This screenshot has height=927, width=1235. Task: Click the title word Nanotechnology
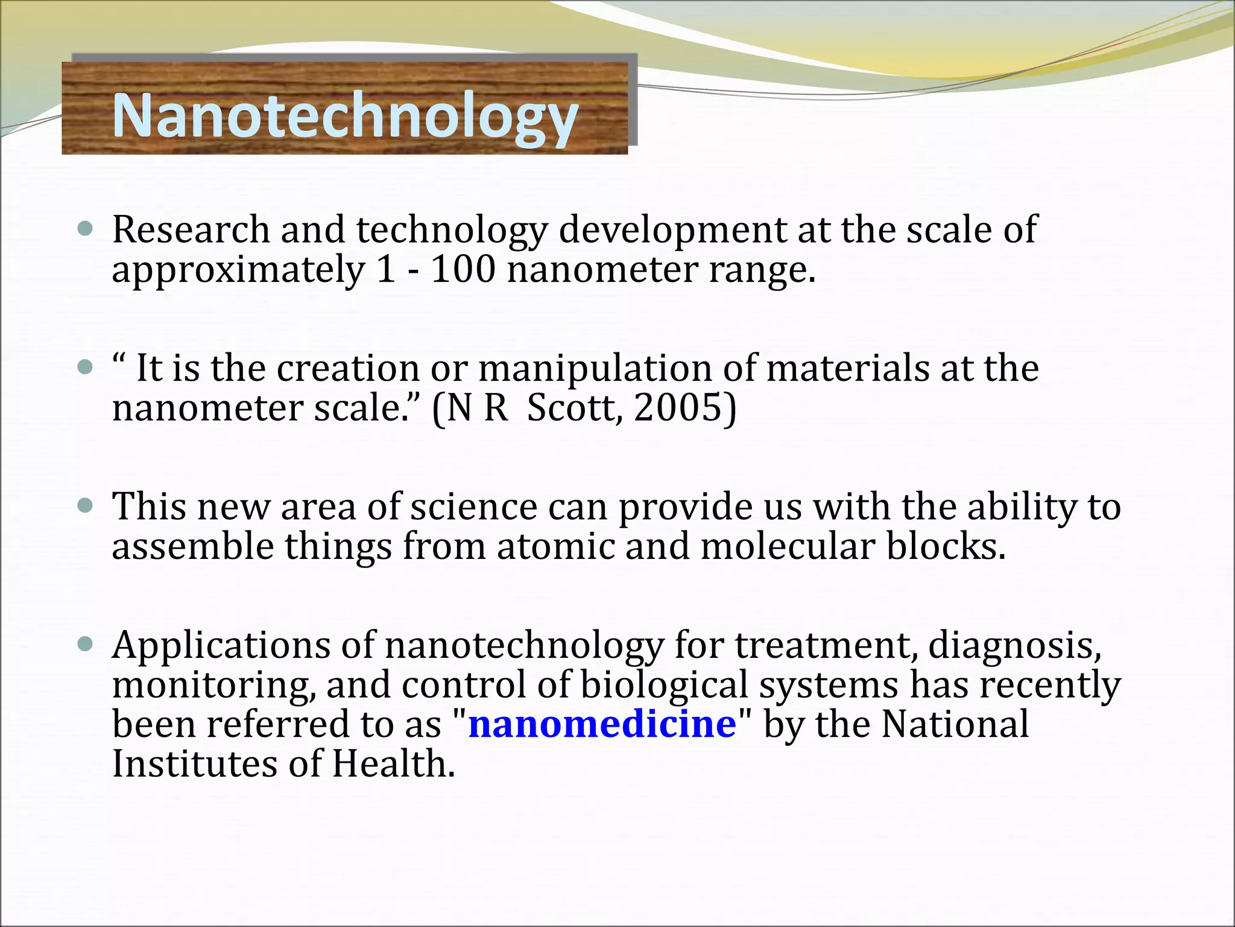click(x=345, y=116)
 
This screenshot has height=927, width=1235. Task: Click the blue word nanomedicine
click(x=602, y=724)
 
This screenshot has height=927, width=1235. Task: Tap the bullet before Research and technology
click(x=86, y=229)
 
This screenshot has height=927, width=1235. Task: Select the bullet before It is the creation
click(x=86, y=367)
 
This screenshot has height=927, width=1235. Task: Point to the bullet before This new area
click(x=86, y=505)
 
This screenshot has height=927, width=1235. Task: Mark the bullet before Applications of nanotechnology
click(x=86, y=644)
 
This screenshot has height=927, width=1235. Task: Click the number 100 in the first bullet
click(x=463, y=270)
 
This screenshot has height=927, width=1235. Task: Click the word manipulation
click(x=595, y=369)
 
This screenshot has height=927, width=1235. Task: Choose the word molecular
click(x=787, y=547)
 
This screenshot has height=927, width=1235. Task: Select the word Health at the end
click(x=393, y=764)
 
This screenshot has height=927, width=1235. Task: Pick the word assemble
click(x=192, y=547)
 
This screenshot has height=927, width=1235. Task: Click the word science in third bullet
click(x=473, y=507)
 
